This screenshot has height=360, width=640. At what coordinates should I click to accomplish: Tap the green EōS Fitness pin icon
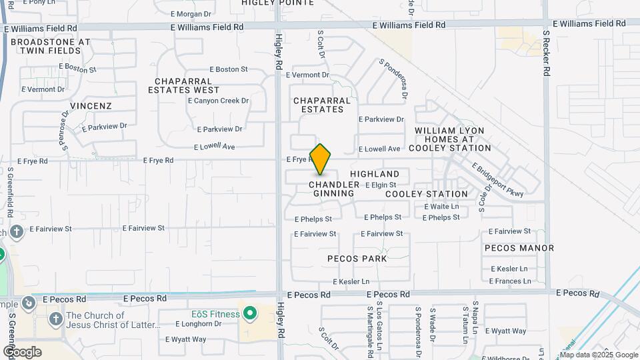click(x=250, y=312)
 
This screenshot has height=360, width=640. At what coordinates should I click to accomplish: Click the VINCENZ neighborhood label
click(x=91, y=106)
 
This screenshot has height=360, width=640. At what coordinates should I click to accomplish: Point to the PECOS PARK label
click(x=357, y=259)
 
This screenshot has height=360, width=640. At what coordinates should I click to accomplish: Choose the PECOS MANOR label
click(x=519, y=248)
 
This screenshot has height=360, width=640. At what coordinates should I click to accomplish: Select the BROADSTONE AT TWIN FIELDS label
click(x=50, y=46)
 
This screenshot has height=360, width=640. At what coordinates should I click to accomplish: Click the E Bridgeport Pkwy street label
click(x=498, y=180)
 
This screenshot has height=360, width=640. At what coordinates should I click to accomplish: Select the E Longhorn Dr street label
click(x=198, y=324)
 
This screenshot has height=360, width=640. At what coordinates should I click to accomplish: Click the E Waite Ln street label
click(x=441, y=207)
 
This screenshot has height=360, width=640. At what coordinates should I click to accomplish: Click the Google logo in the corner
click(x=22, y=351)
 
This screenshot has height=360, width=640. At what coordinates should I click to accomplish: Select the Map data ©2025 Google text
click(x=603, y=355)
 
